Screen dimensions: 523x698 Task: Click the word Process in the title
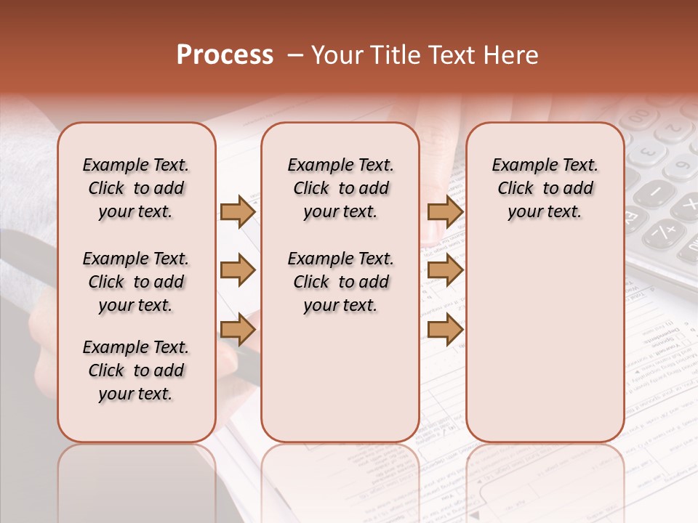[x=225, y=55]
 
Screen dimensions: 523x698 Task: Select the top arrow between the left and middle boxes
[x=237, y=211]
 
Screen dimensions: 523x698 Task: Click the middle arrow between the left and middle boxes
[x=237, y=270]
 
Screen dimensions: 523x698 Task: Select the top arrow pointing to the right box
[x=445, y=211]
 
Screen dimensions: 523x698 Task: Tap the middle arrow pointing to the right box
[x=445, y=270]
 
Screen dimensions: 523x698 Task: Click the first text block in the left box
[x=136, y=188]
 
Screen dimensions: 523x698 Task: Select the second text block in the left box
[x=136, y=282]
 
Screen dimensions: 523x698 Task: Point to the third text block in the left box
[x=136, y=370]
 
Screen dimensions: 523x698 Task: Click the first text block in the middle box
[x=340, y=188]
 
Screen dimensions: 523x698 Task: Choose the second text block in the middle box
[x=340, y=282]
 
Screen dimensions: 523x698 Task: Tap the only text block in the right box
[x=545, y=188]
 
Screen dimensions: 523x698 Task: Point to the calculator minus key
[x=655, y=193]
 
